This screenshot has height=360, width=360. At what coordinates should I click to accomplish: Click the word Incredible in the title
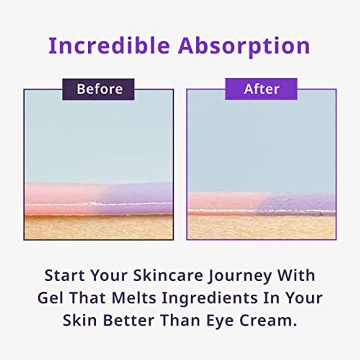109,45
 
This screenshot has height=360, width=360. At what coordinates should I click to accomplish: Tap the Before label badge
98,89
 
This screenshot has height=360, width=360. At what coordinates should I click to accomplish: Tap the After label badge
261,89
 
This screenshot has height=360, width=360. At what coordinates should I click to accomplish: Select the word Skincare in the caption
168,275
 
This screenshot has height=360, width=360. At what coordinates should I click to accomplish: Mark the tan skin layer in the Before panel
99,227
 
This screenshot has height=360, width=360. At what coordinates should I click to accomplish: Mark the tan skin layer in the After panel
261,227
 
